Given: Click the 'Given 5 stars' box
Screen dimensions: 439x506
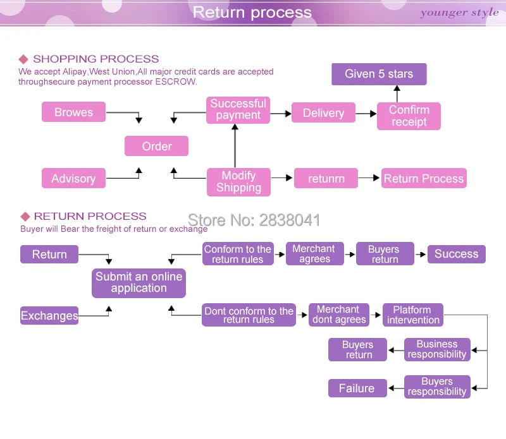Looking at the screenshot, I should tap(379, 74).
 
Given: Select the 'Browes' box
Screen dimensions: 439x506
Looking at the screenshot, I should tap(73, 112).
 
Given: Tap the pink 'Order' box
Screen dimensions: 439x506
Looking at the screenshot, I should tap(156, 146).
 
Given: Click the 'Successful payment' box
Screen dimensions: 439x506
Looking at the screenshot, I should tap(238, 110).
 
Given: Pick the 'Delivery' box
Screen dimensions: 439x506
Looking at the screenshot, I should tap(323, 113).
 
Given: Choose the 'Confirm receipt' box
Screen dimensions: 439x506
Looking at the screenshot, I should tap(409, 116).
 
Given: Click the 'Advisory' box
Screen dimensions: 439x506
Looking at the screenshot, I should tap(73, 179).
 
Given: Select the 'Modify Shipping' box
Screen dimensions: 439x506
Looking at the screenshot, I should tap(238, 182).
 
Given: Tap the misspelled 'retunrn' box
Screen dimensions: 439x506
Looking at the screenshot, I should tap(326, 179).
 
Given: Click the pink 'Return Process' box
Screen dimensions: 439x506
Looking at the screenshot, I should tap(424, 179).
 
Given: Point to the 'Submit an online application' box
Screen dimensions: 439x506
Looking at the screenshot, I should tap(139, 282).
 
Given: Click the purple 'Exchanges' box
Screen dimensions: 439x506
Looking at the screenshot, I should tap(49, 316).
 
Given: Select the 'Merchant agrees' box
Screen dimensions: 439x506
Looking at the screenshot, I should tap(314, 254).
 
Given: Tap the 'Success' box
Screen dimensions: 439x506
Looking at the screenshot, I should tap(456, 254).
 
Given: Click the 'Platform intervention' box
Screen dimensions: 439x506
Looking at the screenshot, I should tap(413, 315).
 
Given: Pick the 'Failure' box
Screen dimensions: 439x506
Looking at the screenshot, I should tap(357, 388).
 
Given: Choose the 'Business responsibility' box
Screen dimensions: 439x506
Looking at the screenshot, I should tap(437, 349).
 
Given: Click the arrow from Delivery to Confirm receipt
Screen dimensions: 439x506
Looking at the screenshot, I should tap(366, 114).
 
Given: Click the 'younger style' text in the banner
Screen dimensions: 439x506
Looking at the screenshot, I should tap(459, 13).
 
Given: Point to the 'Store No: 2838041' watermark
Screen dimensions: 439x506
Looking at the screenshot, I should tap(254, 220).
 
